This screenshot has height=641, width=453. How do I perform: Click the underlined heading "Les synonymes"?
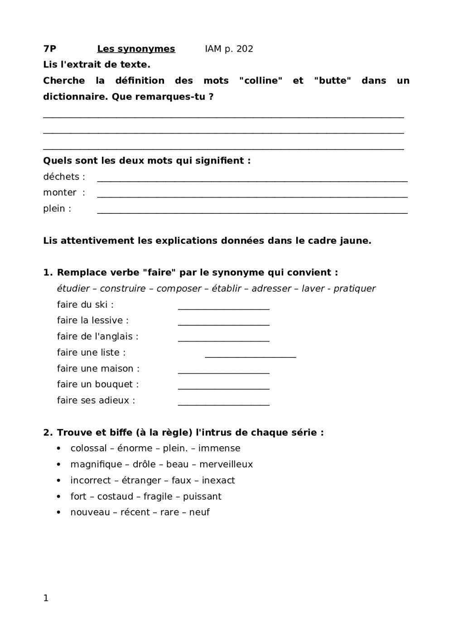click(x=136, y=49)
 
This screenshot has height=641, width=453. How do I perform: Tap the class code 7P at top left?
click(x=50, y=49)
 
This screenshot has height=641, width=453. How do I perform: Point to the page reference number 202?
click(x=245, y=49)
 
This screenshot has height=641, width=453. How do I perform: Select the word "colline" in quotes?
click(x=261, y=81)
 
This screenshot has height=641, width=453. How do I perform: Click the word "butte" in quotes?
click(x=333, y=81)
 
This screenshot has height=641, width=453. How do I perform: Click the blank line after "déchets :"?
click(x=252, y=180)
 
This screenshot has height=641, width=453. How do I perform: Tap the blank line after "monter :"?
click(x=252, y=196)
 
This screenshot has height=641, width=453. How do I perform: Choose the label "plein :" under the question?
click(x=57, y=209)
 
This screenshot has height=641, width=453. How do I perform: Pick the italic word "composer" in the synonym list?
click(x=179, y=289)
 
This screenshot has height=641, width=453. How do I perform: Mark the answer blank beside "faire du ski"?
click(x=223, y=308)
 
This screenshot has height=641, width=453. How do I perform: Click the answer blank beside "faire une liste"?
click(x=250, y=357)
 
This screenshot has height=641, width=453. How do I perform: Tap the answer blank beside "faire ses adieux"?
click(x=223, y=405)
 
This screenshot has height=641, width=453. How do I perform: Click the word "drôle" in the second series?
click(x=144, y=464)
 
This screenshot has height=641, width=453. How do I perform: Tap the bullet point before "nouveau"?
click(x=59, y=512)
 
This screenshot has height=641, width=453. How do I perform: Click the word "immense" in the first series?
click(x=219, y=448)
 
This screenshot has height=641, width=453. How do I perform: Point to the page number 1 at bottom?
click(x=46, y=598)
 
